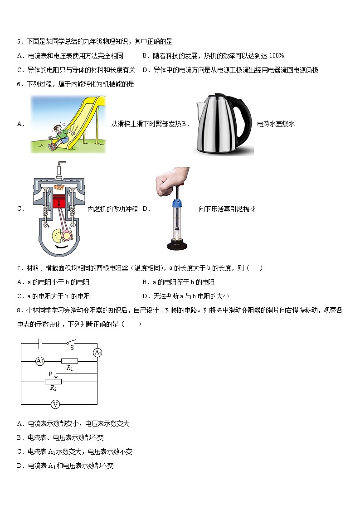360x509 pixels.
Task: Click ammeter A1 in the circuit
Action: (x=40, y=361)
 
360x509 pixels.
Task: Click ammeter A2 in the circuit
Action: (x=97, y=353)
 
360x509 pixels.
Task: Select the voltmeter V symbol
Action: (x=54, y=404)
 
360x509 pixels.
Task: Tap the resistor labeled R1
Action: (x=69, y=361)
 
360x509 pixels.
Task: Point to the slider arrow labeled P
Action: (x=55, y=375)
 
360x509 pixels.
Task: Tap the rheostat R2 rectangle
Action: (x=53, y=382)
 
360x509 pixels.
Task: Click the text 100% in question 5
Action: (x=276, y=56)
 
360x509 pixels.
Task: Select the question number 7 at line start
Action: (x=19, y=268)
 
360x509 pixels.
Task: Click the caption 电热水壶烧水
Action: (x=276, y=124)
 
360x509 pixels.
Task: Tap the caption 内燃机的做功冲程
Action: (x=112, y=209)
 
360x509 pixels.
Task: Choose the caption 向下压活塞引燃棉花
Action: (x=227, y=209)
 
